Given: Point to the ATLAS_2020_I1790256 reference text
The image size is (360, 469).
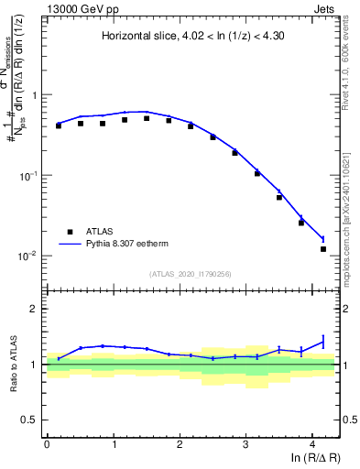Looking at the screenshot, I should tap(191, 275).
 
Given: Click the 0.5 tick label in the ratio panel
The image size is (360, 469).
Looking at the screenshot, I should tap(30, 420).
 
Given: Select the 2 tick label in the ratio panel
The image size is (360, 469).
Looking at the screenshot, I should tap(36, 309).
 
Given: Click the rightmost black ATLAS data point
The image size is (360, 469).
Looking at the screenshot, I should tap(323, 248).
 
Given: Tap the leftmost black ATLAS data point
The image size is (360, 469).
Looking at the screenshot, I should tap(59, 125).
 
